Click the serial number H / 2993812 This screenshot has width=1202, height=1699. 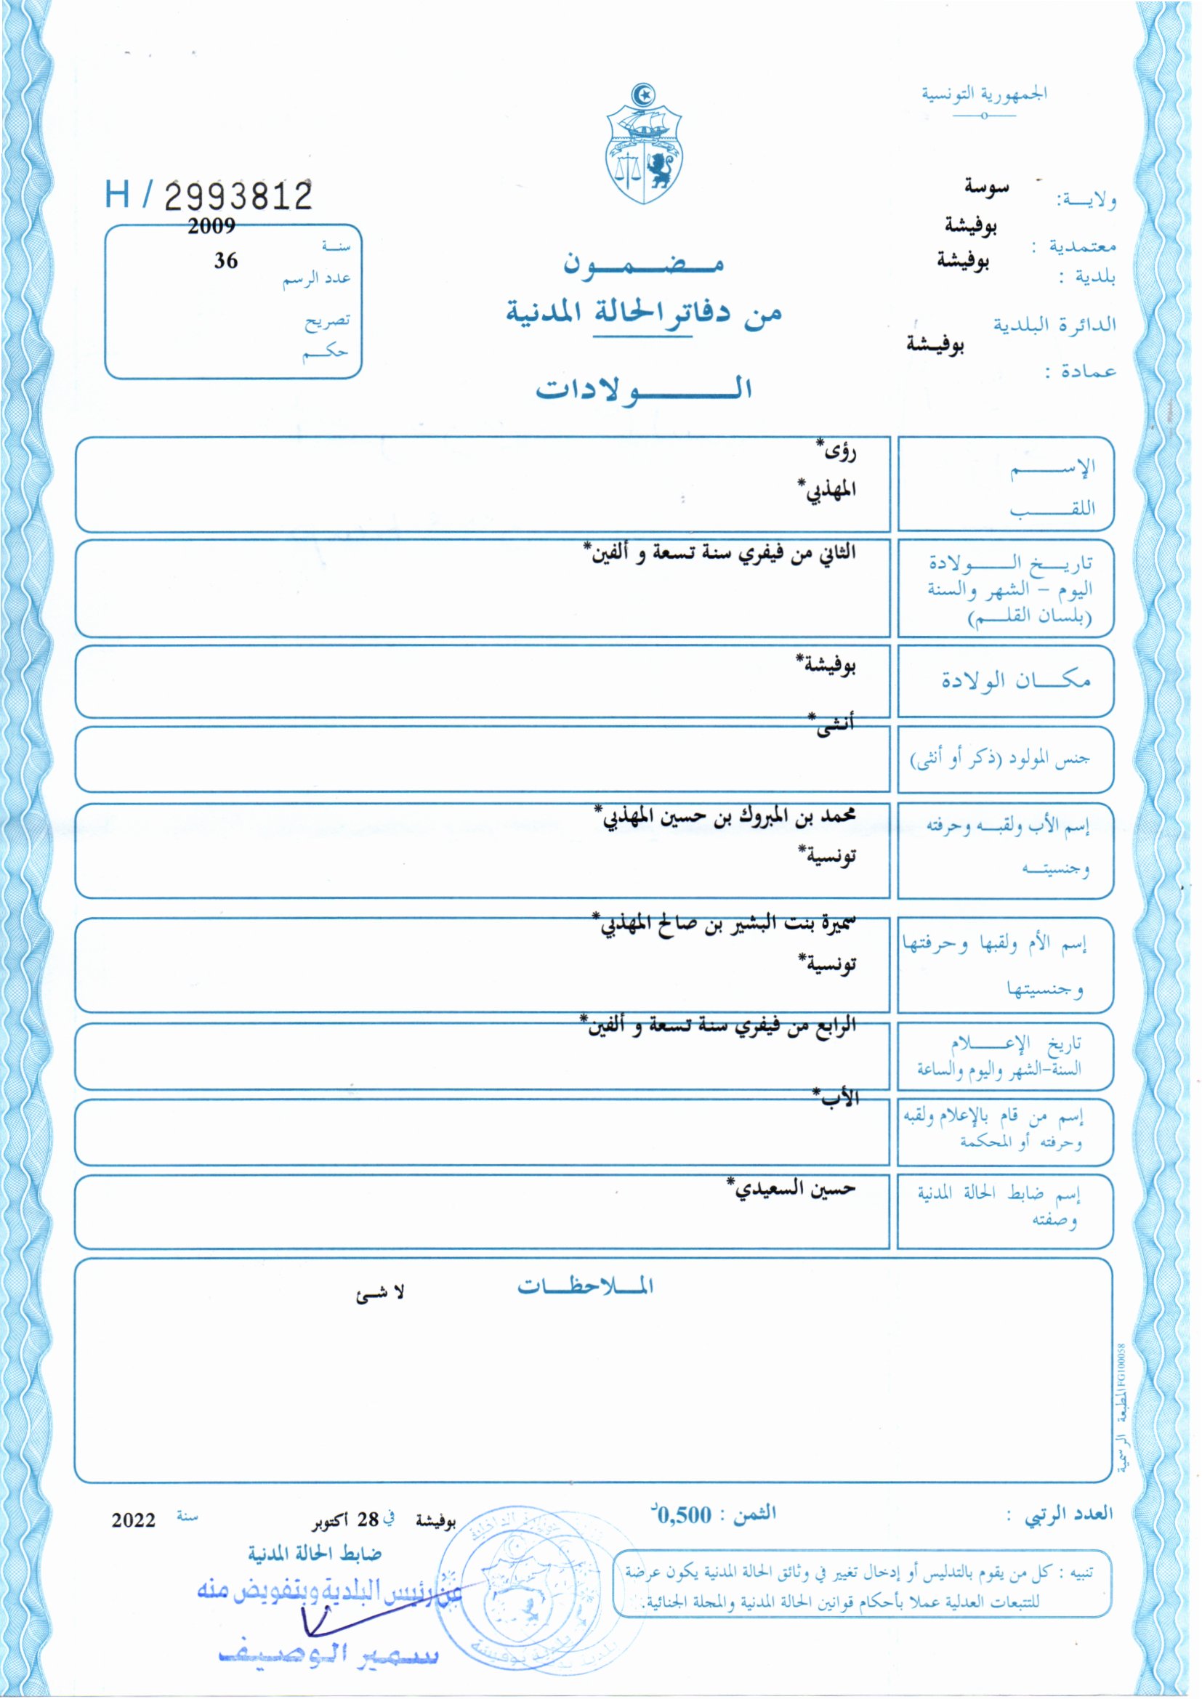coord(209,196)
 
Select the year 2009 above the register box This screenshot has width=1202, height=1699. coord(211,227)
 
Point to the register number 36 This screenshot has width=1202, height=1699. coord(226,260)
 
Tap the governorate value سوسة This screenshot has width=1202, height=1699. coord(987,187)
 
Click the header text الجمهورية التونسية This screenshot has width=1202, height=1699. coord(984,94)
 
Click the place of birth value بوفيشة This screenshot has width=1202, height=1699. coord(828,663)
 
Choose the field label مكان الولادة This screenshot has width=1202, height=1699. coord(1015,680)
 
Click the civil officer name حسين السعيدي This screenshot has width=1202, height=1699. coord(792,1189)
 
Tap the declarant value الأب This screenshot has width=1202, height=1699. coord(838,1098)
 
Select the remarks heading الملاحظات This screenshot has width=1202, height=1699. coord(585,1287)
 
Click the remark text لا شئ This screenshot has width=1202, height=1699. coord(380,1293)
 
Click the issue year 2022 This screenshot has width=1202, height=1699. coord(133,1521)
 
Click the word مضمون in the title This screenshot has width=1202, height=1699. coord(643,265)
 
